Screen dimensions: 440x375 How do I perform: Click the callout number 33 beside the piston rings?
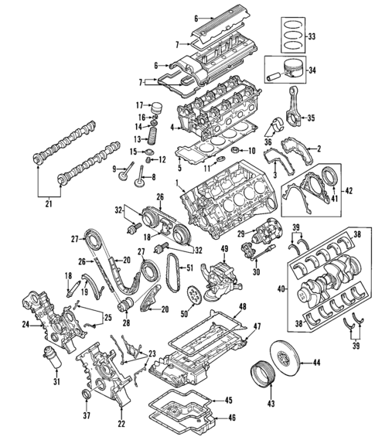tap(312, 36)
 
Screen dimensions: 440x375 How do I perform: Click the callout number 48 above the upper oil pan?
tap(242, 307)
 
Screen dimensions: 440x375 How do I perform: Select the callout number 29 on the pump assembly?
tap(241, 234)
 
